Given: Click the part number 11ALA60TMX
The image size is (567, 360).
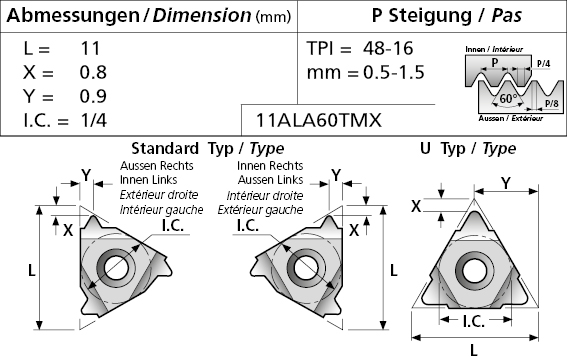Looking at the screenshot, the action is tap(319, 120).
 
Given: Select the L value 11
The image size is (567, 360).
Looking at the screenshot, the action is tap(90, 48).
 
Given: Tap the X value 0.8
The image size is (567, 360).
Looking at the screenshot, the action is tap(93, 72).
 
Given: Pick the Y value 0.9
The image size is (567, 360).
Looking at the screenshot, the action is tap(93, 96).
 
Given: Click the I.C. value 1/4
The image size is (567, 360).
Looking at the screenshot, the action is tap(94, 120).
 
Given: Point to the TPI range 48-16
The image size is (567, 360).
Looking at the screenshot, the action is tap(388, 48).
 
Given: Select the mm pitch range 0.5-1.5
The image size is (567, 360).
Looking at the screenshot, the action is tap(394, 72).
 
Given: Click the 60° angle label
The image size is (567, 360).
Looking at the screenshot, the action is tap(508, 98).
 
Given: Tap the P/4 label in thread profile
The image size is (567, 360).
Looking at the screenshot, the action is tap(543, 64).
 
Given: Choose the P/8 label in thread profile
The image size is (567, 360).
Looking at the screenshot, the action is tap(552, 104).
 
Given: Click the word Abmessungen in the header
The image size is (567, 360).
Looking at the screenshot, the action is tap(73, 16).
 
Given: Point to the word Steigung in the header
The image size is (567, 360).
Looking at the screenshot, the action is tap(430, 15).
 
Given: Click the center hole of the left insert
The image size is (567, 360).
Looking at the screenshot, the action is tap(116, 268).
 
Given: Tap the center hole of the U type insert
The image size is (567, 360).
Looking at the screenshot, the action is tap(473, 271).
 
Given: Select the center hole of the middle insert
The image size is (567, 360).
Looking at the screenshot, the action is tap(306, 268).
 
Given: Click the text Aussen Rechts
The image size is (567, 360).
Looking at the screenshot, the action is tap(157, 166).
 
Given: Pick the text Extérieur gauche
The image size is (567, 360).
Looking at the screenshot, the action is tap(260, 210).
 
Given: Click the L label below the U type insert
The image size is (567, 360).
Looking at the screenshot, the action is tap(474, 351).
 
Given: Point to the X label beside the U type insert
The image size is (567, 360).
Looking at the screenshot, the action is tap(416, 206).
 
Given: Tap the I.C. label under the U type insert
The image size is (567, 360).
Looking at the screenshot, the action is tap(474, 321).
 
